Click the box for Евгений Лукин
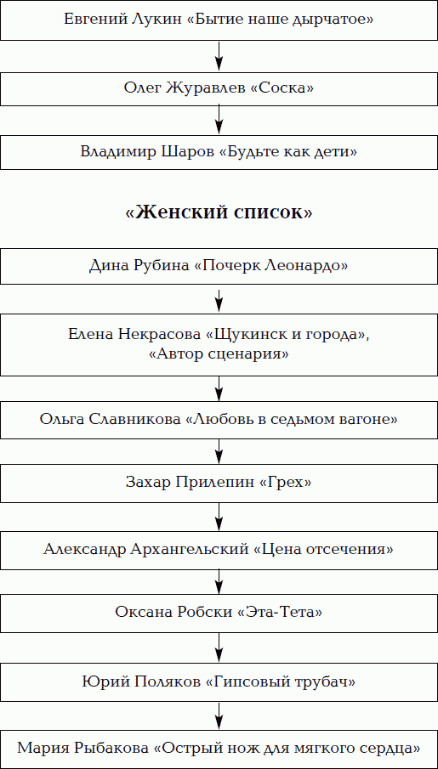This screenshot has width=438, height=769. [x=219, y=20]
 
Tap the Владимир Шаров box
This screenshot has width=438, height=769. [x=219, y=151]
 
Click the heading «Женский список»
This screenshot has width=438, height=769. [x=219, y=212]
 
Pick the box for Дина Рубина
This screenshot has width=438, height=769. [x=219, y=266]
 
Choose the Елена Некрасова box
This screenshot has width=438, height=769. [x=219, y=344]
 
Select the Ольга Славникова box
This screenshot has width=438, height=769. [x=219, y=420]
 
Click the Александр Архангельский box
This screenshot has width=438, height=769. [x=219, y=549]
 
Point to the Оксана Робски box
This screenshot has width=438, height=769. [x=219, y=613]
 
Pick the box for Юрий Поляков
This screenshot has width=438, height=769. [x=219, y=682]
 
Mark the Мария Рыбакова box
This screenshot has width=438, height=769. [x=219, y=749]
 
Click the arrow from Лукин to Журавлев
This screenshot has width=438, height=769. [x=219, y=57]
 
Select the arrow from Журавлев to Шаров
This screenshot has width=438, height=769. [x=219, y=120]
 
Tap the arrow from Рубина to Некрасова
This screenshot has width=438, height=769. [x=219, y=299]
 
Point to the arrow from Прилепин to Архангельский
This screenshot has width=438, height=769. [x=219, y=517]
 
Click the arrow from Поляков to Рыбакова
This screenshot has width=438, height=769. [x=219, y=715]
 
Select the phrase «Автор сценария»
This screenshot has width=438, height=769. [x=219, y=354]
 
